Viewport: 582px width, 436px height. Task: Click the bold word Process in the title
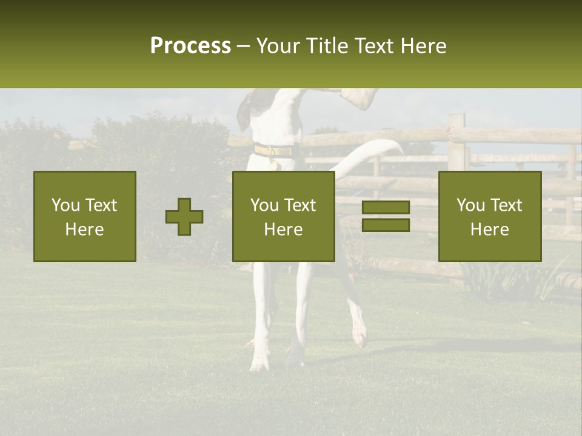pos(190,46)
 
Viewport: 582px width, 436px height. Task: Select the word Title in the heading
pos(327,46)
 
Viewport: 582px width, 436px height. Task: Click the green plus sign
pos(184,217)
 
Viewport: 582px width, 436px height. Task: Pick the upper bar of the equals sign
pos(386,208)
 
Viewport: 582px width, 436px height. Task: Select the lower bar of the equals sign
pos(386,225)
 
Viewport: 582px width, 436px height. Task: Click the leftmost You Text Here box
pos(85,216)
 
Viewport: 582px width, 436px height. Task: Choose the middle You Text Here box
pos(283,216)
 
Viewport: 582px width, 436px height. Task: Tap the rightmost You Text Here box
pos(490,216)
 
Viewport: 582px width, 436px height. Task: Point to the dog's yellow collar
pos(273,150)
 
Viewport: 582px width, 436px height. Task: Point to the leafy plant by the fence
pos(485,279)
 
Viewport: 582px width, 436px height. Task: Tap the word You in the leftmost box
pos(65,205)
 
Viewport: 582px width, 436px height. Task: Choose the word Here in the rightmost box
pos(490,229)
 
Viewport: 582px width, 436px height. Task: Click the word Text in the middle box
pos(300,205)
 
